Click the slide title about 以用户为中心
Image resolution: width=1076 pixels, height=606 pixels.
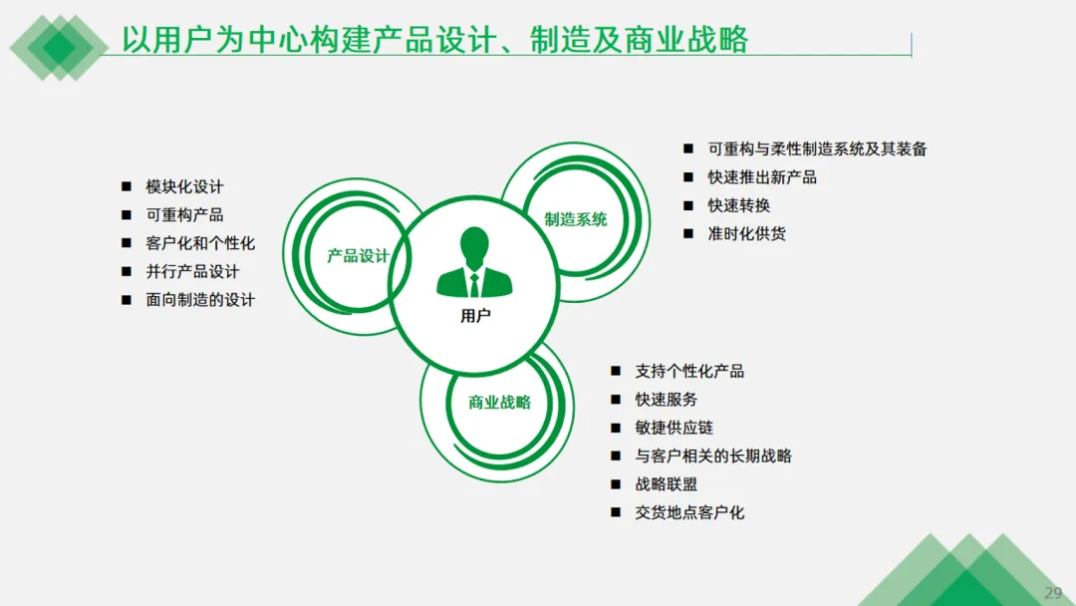(x=434, y=39)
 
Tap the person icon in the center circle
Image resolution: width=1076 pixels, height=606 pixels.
(x=475, y=263)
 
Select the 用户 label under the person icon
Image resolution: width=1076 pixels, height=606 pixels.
(x=475, y=316)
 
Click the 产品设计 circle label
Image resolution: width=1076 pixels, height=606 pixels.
(x=358, y=256)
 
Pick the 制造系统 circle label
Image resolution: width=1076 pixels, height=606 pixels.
(x=576, y=219)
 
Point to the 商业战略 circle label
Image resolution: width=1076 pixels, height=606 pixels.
(x=499, y=403)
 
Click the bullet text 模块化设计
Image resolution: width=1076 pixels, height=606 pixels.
(x=184, y=186)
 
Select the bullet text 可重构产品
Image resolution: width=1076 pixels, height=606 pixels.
(x=184, y=214)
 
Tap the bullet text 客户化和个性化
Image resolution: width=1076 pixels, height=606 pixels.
(x=200, y=243)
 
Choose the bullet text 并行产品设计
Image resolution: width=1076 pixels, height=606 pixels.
(x=192, y=271)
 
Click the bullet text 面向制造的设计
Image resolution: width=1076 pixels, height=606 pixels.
(x=200, y=299)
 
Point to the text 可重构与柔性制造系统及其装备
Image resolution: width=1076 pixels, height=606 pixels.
(x=817, y=149)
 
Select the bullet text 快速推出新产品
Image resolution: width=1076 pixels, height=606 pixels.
(x=762, y=177)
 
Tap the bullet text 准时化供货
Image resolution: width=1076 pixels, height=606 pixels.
(x=746, y=234)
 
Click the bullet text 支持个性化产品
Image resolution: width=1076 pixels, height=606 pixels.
(x=689, y=371)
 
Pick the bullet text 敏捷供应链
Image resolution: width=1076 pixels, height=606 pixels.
(x=673, y=428)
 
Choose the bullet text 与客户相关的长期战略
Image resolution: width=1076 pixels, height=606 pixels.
(x=713, y=455)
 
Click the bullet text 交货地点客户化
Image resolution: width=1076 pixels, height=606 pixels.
(x=689, y=512)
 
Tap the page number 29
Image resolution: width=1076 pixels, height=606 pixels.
(x=1053, y=593)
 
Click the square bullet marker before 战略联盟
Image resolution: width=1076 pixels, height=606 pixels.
(x=616, y=484)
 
